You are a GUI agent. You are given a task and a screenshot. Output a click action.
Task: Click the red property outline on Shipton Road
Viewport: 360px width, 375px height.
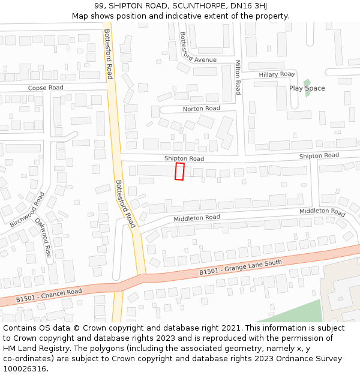click(179, 171)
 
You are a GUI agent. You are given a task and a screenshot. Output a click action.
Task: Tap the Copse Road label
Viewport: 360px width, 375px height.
click(46, 88)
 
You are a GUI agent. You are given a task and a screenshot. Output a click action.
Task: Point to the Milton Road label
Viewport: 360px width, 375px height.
click(238, 77)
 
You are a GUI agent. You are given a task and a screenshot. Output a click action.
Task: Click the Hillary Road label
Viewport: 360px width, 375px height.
click(276, 74)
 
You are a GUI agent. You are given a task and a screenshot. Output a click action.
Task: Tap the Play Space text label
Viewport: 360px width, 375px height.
click(307, 88)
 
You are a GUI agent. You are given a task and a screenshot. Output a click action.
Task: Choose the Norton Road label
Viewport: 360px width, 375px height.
click(201, 109)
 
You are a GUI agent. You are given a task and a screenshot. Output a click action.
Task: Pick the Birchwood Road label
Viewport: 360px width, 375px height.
click(27, 209)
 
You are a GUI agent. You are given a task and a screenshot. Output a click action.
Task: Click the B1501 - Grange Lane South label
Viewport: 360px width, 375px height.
click(241, 268)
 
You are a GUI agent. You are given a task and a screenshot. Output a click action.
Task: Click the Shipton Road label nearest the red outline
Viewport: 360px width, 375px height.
click(184, 158)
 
